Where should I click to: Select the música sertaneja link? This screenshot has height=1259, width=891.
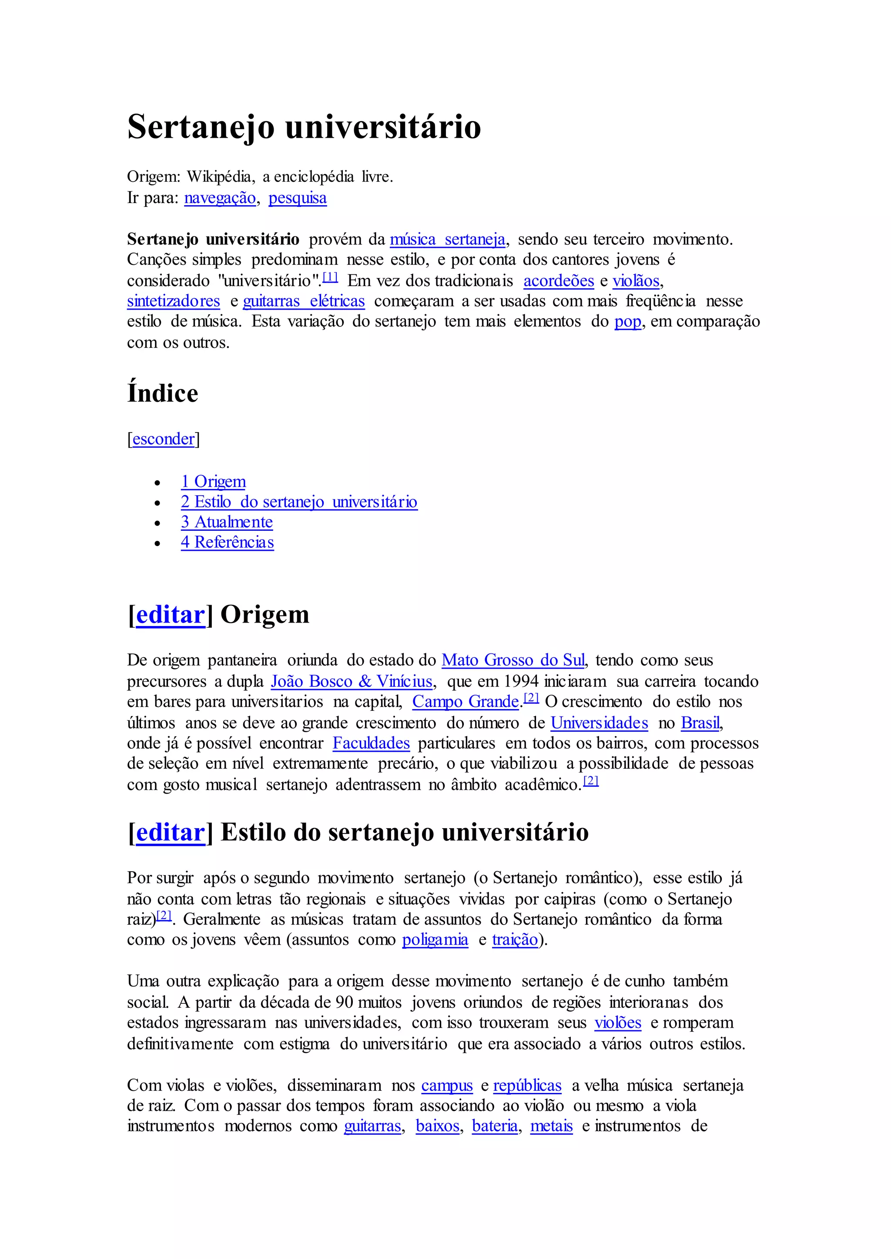(447, 239)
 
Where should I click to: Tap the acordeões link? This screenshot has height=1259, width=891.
(559, 281)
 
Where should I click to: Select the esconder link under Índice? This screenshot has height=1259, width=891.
(164, 439)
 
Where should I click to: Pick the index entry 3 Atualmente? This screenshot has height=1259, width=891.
(227, 522)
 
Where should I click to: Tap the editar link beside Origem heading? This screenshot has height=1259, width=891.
(170, 615)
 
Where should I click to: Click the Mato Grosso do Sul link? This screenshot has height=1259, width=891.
(513, 660)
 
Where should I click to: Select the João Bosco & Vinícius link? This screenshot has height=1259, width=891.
(352, 682)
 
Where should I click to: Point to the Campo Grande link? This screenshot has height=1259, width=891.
(465, 702)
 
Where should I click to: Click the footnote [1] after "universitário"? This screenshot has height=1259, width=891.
(330, 277)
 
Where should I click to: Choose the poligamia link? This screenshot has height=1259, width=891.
(435, 940)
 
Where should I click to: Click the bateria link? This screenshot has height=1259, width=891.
(495, 1126)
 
